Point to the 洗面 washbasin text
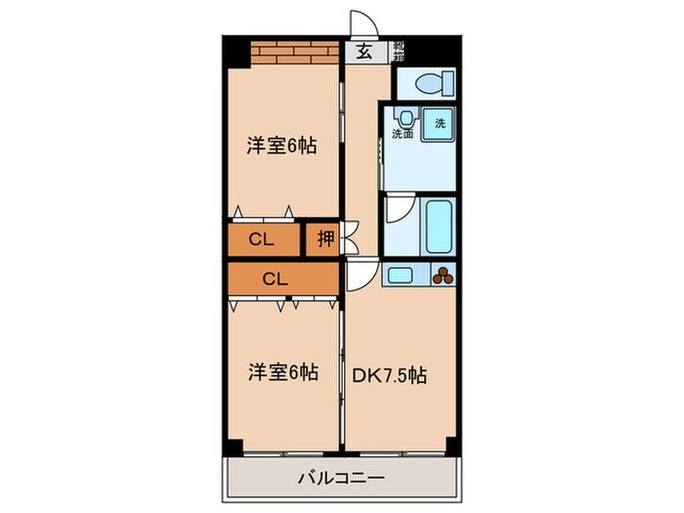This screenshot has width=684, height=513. click(x=403, y=134)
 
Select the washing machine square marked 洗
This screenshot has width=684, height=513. click(x=439, y=124)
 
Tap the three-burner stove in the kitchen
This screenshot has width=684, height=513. click(x=442, y=275)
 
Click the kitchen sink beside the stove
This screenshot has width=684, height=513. click(x=403, y=276)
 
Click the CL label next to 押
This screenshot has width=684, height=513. click(x=261, y=239)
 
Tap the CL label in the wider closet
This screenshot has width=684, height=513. click(x=277, y=278)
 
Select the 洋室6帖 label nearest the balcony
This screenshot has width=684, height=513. click(x=282, y=372)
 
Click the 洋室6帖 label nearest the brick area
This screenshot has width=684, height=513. click(x=282, y=147)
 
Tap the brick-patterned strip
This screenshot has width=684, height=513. click(x=293, y=51)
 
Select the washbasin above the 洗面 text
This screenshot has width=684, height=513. click(x=401, y=115)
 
